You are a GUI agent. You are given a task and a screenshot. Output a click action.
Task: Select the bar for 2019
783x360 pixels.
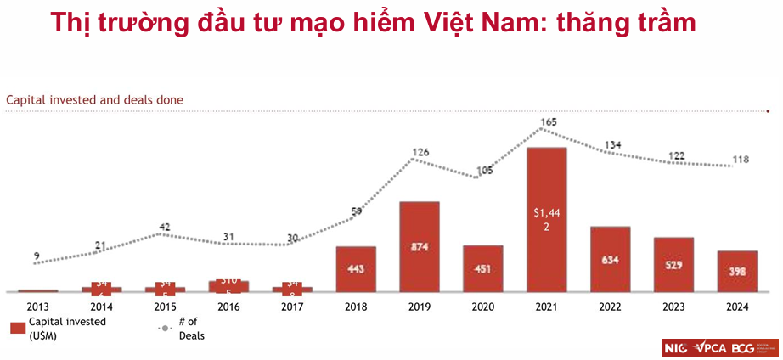coord(419,246)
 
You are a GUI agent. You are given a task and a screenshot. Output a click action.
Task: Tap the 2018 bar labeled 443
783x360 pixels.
coord(356,269)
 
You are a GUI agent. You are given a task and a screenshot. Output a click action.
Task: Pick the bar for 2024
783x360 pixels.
coord(737,272)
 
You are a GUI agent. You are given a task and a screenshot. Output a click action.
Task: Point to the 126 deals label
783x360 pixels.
coord(421,154)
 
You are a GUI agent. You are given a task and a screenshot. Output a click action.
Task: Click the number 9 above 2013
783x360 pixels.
coord(36,256)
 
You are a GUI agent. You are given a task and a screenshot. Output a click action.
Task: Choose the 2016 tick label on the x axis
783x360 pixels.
coord(229,307)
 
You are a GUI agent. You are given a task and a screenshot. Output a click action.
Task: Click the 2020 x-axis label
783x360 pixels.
coord(483,307)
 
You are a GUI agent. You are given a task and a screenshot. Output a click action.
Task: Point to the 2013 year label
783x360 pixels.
coord(38,307)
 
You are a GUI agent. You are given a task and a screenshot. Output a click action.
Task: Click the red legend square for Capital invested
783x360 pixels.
coord(17,328)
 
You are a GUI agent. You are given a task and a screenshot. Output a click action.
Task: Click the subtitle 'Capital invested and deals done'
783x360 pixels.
coord(95,100)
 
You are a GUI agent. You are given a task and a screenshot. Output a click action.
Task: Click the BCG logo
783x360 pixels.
coord(743,347)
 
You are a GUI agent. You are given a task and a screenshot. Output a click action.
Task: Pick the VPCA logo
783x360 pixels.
coord(709,347)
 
